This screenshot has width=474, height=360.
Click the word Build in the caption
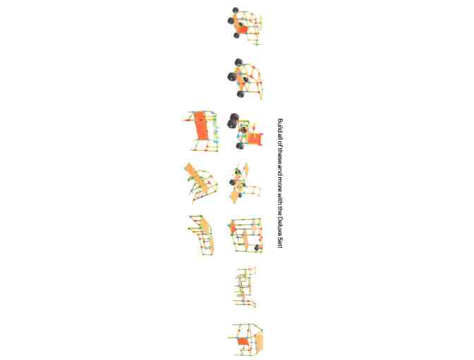pyautogui.click(x=280, y=124)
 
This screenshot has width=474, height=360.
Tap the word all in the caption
pyautogui.click(x=280, y=134)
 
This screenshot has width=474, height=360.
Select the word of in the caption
pyautogui.click(x=280, y=140)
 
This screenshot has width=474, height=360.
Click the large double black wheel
pyautogui.click(x=233, y=121)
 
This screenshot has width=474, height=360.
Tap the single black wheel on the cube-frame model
pyautogui.click(x=257, y=248)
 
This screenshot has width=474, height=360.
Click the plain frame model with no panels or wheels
pyautogui.click(x=245, y=287)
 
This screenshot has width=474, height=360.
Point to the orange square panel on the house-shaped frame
pyautogui.click(x=243, y=342)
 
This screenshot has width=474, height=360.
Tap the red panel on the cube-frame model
pyautogui.click(x=233, y=227)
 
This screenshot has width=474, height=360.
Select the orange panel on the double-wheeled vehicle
pyautogui.click(x=255, y=138)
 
